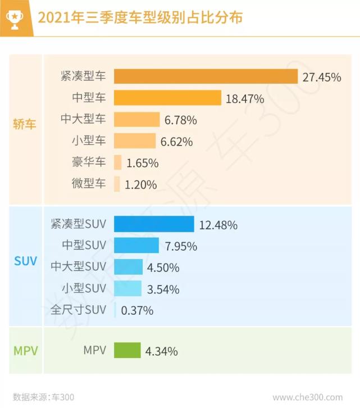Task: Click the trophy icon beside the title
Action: (15, 18)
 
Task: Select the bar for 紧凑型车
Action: (206, 76)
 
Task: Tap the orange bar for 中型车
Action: (167, 98)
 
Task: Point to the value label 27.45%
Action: (321, 77)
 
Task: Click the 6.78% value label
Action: (181, 120)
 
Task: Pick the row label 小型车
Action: (88, 141)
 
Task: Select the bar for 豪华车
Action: (117, 163)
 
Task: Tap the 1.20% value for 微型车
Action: (141, 184)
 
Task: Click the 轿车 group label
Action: (25, 124)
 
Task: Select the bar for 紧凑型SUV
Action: (154, 224)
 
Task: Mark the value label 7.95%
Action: (180, 246)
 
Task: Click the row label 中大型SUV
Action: (78, 266)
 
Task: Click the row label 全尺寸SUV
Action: (78, 310)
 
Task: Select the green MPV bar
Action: (127, 351)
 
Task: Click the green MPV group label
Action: (25, 351)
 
